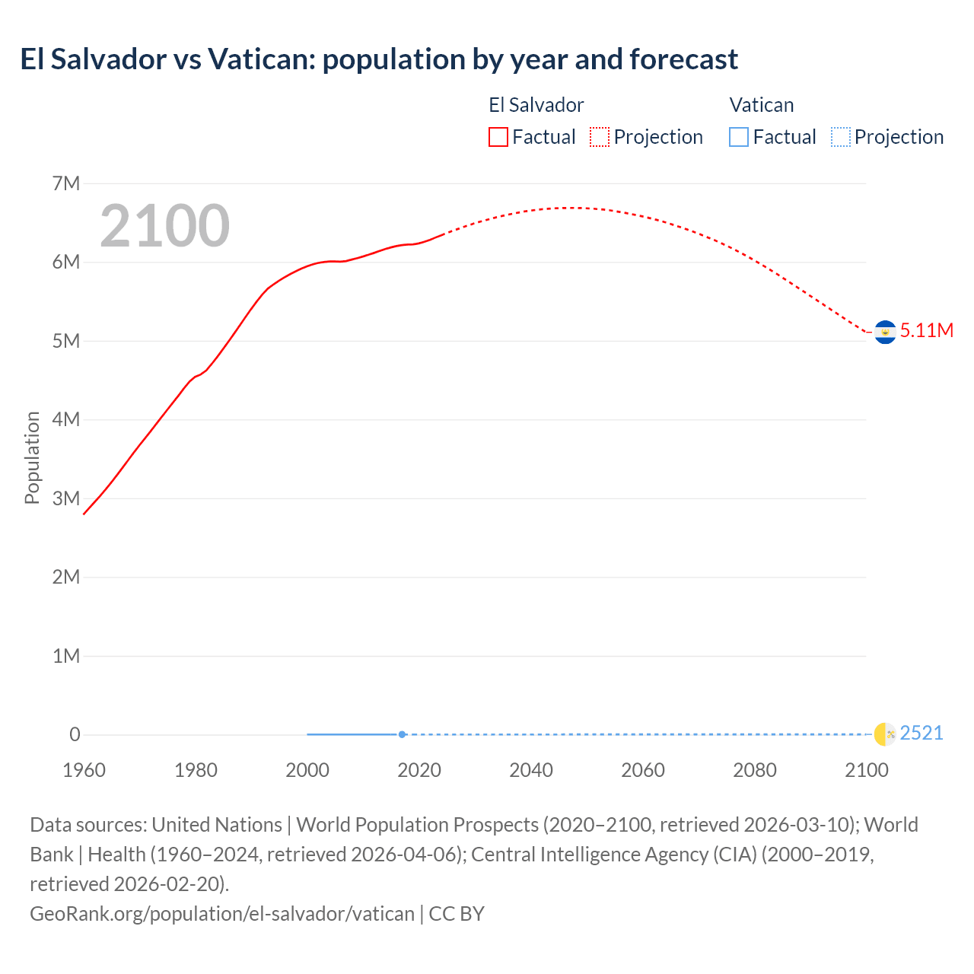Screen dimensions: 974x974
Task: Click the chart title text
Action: pyautogui.click(x=379, y=59)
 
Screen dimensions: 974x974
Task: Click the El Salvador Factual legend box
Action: pyautogui.click(x=498, y=137)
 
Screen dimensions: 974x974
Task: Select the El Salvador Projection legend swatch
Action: pyautogui.click(x=600, y=137)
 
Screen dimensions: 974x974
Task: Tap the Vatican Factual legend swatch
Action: pyautogui.click(x=738, y=137)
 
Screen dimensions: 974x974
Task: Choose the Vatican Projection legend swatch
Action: pyautogui.click(x=840, y=137)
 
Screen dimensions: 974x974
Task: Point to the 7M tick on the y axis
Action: pyautogui.click(x=66, y=183)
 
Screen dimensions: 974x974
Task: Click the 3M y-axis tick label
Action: pyautogui.click(x=66, y=498)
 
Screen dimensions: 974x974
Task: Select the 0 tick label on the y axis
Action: pyautogui.click(x=75, y=734)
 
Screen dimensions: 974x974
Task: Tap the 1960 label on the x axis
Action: pyautogui.click(x=84, y=770)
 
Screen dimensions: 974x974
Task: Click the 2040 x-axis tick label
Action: pyautogui.click(x=531, y=770)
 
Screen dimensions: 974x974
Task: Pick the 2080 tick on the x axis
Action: pyautogui.click(x=755, y=770)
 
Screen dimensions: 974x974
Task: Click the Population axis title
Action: pyautogui.click(x=32, y=457)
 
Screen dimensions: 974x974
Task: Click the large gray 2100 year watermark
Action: pyautogui.click(x=164, y=226)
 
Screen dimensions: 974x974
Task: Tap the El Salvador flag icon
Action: pyautogui.click(x=885, y=332)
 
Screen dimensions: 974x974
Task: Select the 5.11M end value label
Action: pyautogui.click(x=926, y=330)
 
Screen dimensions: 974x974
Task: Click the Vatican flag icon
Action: pyautogui.click(x=885, y=734)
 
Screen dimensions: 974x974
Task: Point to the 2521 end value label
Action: pyautogui.click(x=921, y=733)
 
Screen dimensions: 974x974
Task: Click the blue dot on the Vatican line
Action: pyautogui.click(x=402, y=734)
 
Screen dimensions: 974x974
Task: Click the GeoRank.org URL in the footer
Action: pyautogui.click(x=222, y=913)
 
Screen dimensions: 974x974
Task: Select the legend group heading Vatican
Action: pyautogui.click(x=761, y=105)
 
